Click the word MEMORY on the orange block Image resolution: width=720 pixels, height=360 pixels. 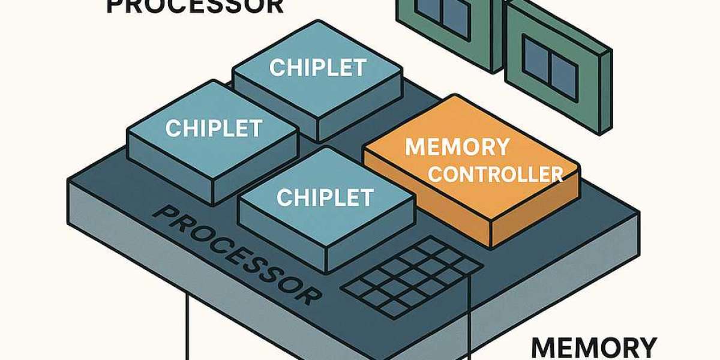point(457,147)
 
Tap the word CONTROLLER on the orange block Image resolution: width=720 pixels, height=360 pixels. point(496,175)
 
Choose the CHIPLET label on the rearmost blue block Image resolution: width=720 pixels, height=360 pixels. point(317,68)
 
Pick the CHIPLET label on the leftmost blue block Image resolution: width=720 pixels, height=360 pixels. point(213,128)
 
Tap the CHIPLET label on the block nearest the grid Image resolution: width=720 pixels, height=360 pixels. point(325,196)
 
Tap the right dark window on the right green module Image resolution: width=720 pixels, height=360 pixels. point(560,65)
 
